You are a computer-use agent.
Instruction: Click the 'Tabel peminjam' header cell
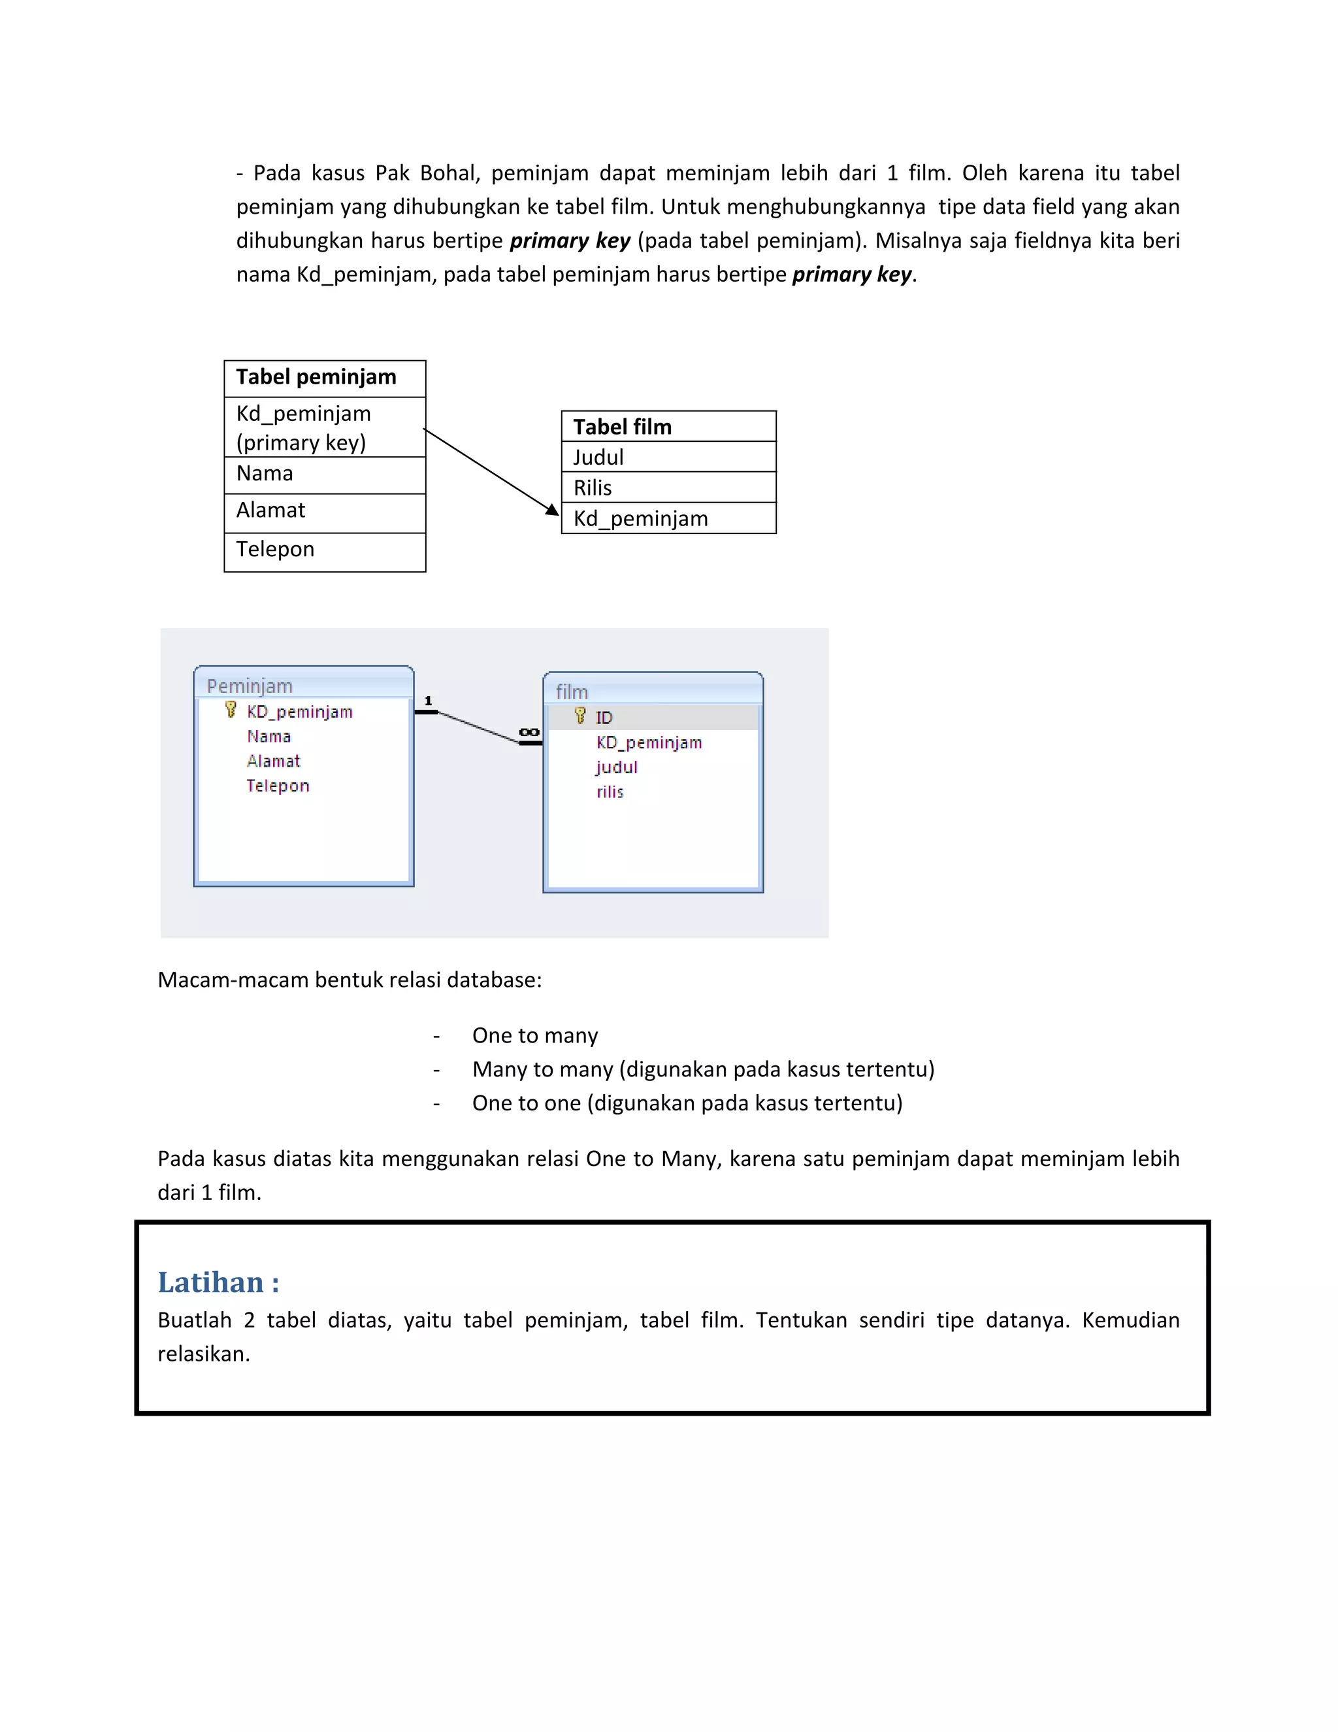pyautogui.click(x=324, y=378)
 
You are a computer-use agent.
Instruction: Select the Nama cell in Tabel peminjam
pyautogui.click(x=324, y=475)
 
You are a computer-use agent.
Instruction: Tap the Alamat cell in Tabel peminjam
pyautogui.click(x=324, y=512)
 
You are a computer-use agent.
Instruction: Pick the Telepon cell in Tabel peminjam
pyautogui.click(x=324, y=550)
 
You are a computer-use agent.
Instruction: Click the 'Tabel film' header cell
pyautogui.click(x=668, y=427)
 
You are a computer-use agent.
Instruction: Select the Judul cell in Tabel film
pyautogui.click(x=668, y=457)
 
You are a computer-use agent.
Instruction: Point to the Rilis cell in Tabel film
pyautogui.click(x=668, y=488)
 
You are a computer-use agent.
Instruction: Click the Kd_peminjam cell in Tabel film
pyautogui.click(x=668, y=519)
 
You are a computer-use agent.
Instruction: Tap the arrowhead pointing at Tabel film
pyautogui.click(x=553, y=509)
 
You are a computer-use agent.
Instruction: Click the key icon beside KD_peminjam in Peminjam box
pyautogui.click(x=231, y=709)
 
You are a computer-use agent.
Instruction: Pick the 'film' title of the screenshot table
pyautogui.click(x=572, y=691)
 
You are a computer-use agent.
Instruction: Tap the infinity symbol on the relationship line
pyautogui.click(x=529, y=732)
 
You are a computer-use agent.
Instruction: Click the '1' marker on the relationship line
pyautogui.click(x=428, y=700)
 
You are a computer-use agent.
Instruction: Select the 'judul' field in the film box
pyautogui.click(x=617, y=767)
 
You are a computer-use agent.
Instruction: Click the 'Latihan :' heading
pyautogui.click(x=218, y=1282)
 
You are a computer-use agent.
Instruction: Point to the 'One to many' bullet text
pyautogui.click(x=535, y=1036)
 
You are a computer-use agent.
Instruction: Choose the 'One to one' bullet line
pyautogui.click(x=687, y=1103)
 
